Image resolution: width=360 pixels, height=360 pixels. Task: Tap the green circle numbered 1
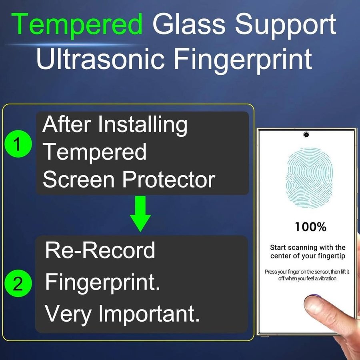pyautogui.click(x=18, y=144)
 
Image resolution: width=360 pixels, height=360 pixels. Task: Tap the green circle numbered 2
pyautogui.click(x=18, y=283)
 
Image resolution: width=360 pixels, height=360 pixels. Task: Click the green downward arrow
pyautogui.click(x=140, y=213)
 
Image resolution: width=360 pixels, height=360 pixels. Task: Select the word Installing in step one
pyautogui.click(x=143, y=126)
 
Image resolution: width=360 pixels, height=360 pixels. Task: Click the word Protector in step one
pyautogui.click(x=169, y=180)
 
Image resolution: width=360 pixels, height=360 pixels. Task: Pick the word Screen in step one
pyautogui.click(x=78, y=180)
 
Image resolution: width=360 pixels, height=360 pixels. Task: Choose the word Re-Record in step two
pyautogui.click(x=100, y=250)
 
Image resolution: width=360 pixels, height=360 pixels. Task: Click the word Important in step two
pyautogui.click(x=149, y=314)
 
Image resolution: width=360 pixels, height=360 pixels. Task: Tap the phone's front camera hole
pyautogui.click(x=306, y=134)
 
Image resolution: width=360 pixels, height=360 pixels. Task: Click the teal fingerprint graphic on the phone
pyautogui.click(x=309, y=178)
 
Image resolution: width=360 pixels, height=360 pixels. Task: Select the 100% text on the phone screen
pyautogui.click(x=310, y=227)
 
